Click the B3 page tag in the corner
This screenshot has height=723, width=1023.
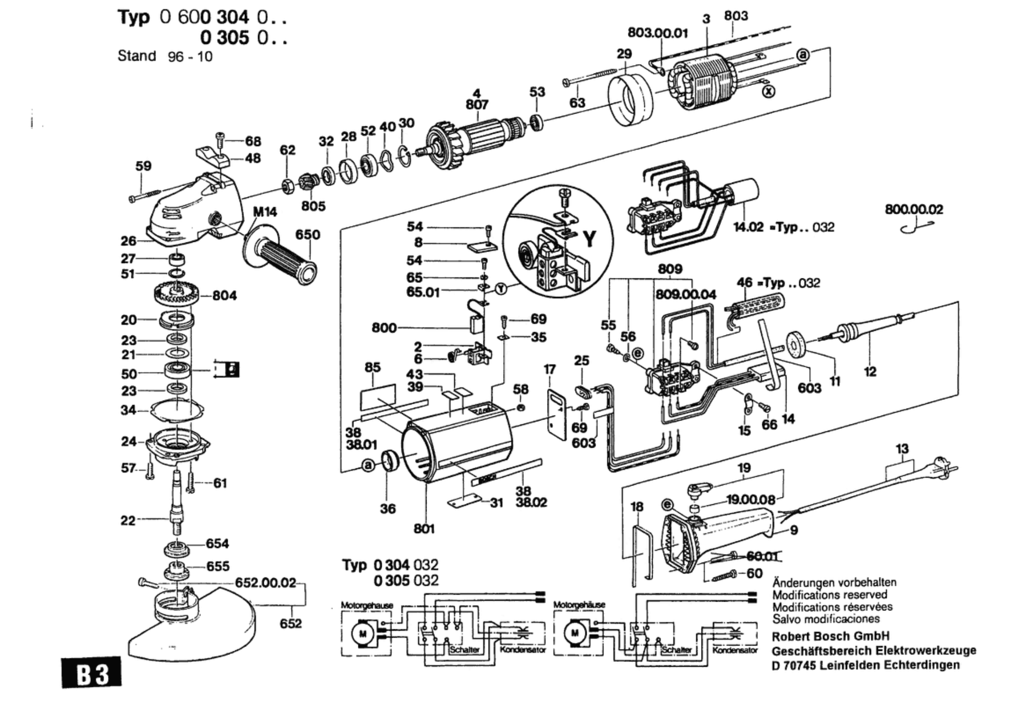[92, 673]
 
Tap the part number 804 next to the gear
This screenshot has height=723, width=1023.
[225, 296]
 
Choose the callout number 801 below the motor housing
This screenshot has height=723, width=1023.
[424, 529]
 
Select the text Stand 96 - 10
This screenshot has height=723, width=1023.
[165, 56]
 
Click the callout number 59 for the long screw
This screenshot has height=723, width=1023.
[143, 166]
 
